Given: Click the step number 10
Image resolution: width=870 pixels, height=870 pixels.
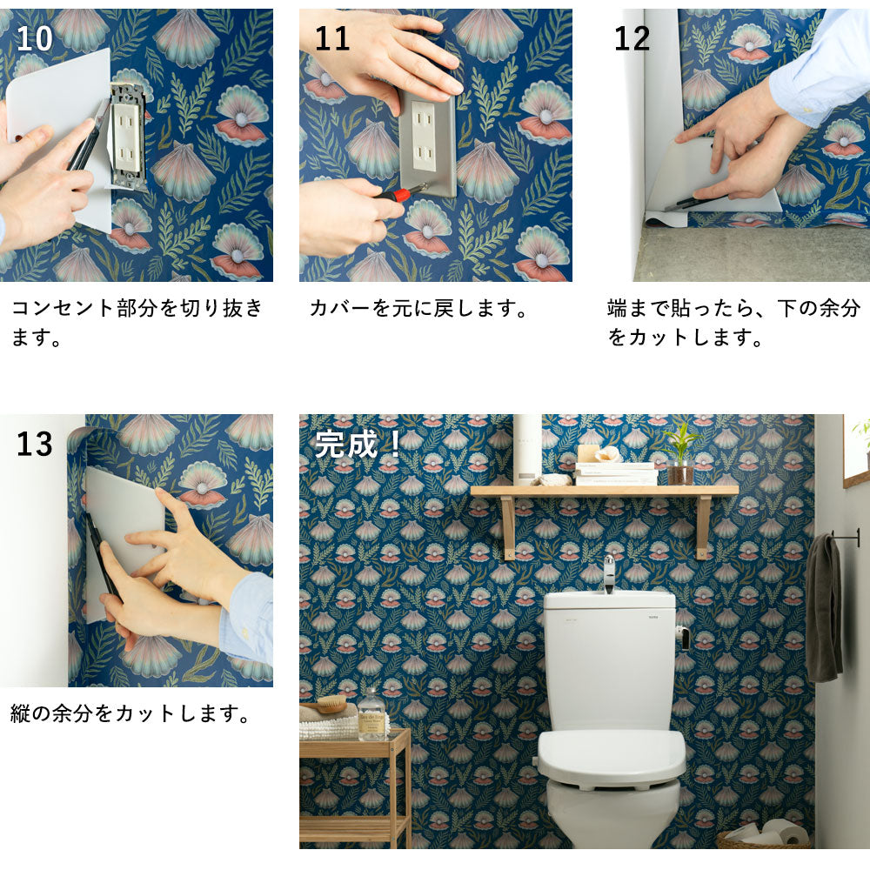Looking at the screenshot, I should [36, 39].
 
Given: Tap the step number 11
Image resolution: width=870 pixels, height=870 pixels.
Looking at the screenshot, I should [331, 39].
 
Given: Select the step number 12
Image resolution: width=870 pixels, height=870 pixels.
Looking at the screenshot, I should [632, 39].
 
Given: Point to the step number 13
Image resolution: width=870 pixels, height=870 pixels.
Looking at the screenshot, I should [36, 444].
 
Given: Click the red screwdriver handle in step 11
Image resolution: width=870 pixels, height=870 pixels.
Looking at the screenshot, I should [399, 194].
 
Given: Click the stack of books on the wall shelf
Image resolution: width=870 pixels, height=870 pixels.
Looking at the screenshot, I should [616, 474].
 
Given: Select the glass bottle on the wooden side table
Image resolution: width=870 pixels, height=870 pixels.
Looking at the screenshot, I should [372, 715].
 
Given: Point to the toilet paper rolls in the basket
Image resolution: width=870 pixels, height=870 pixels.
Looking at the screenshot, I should [766, 833].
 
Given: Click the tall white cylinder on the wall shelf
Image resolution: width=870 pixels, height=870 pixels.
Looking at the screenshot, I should [526, 447].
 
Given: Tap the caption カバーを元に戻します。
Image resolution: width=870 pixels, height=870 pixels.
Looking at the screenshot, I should [418, 309].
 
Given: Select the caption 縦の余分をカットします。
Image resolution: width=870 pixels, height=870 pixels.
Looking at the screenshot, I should [131, 714].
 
